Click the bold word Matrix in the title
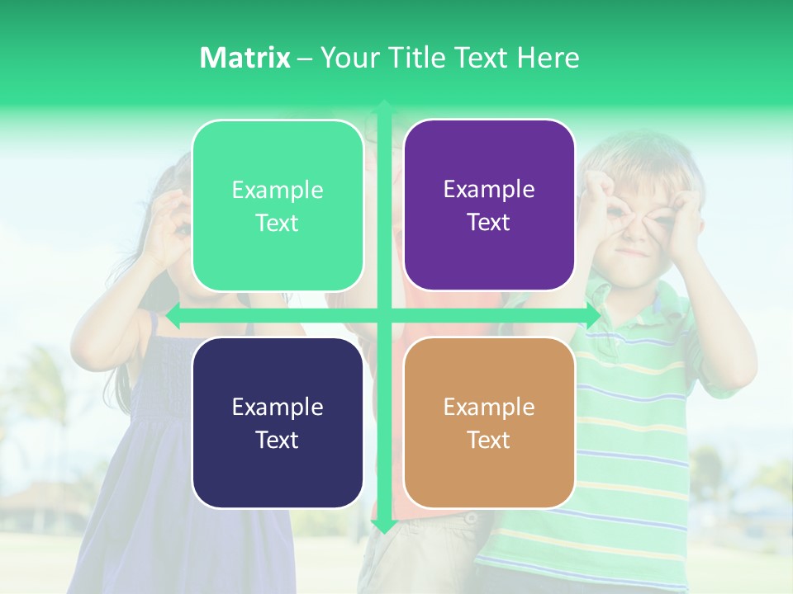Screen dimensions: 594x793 (245, 58)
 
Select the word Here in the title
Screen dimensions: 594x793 (548, 58)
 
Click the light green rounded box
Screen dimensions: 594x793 (278, 205)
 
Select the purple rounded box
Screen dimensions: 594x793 (489, 205)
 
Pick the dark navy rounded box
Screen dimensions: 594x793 (278, 422)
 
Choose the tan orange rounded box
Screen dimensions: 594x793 (489, 422)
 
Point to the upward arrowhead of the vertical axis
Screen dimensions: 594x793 (384, 107)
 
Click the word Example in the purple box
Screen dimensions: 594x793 (489, 190)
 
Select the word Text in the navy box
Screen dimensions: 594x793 (278, 440)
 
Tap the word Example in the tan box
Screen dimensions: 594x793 (489, 407)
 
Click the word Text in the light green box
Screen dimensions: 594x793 (278, 223)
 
